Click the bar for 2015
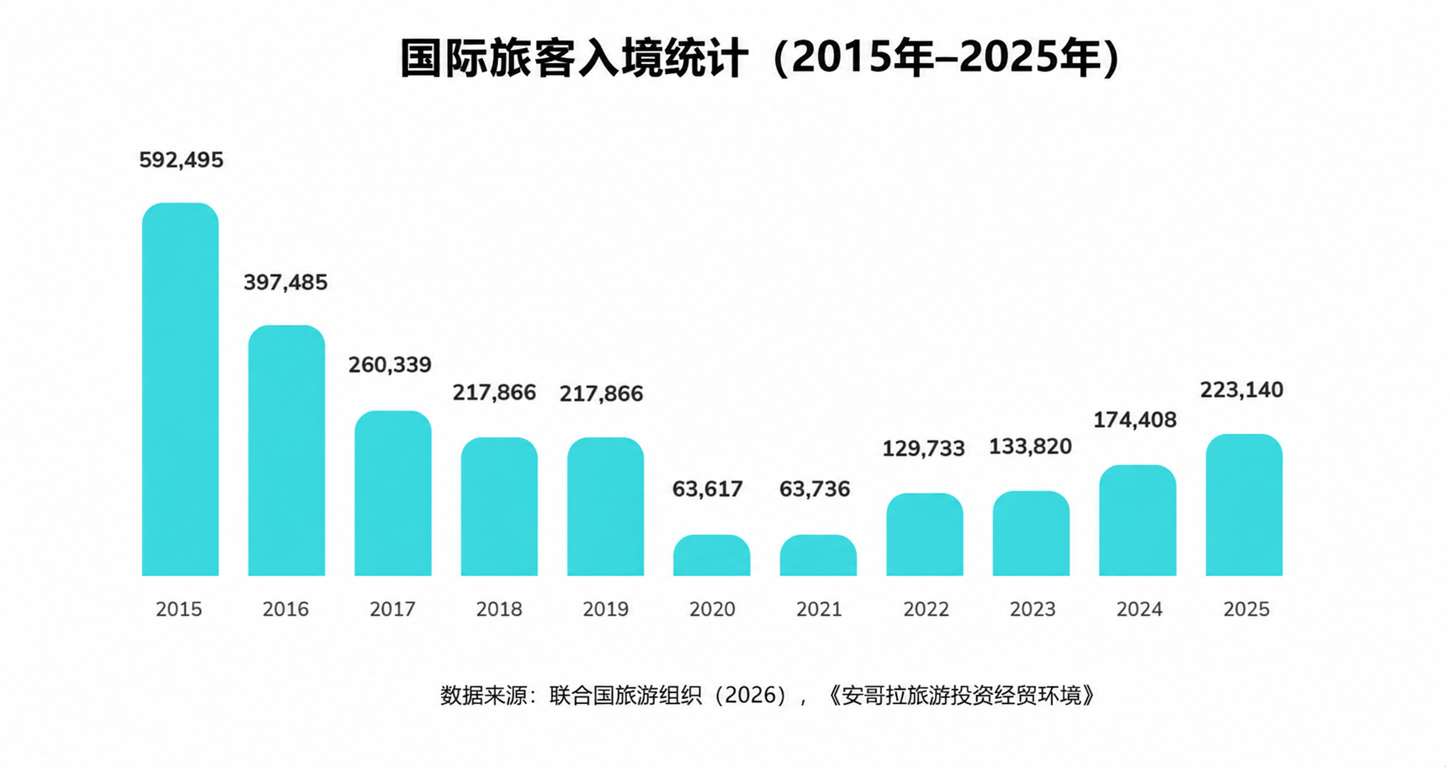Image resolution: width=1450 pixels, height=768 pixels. click(180, 389)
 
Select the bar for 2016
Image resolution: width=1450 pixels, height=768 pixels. click(286, 451)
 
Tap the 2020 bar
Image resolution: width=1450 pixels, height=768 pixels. click(711, 555)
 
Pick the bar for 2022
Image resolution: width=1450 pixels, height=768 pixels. click(924, 534)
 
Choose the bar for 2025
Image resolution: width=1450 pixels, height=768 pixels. click(1244, 505)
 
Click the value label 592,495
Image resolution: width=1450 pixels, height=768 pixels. click(181, 160)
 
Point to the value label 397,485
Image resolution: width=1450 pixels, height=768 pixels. click(285, 283)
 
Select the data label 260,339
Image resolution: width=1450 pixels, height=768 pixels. click(390, 365)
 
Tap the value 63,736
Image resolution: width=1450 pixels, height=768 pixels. click(815, 490)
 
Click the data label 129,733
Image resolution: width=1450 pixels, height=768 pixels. click(923, 449)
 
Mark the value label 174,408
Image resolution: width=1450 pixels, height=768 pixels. click(1134, 420)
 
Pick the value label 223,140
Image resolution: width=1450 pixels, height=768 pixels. click(1241, 390)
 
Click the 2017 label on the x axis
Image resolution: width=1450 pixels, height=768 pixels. click(392, 609)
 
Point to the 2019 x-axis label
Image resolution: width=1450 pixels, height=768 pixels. click(605, 609)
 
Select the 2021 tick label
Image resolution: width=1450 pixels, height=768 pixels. click(819, 609)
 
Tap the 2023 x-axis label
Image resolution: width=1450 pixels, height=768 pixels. click(1033, 609)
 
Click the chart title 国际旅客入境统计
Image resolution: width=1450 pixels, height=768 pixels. click(574, 58)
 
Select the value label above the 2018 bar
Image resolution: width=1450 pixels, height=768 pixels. click(494, 394)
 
